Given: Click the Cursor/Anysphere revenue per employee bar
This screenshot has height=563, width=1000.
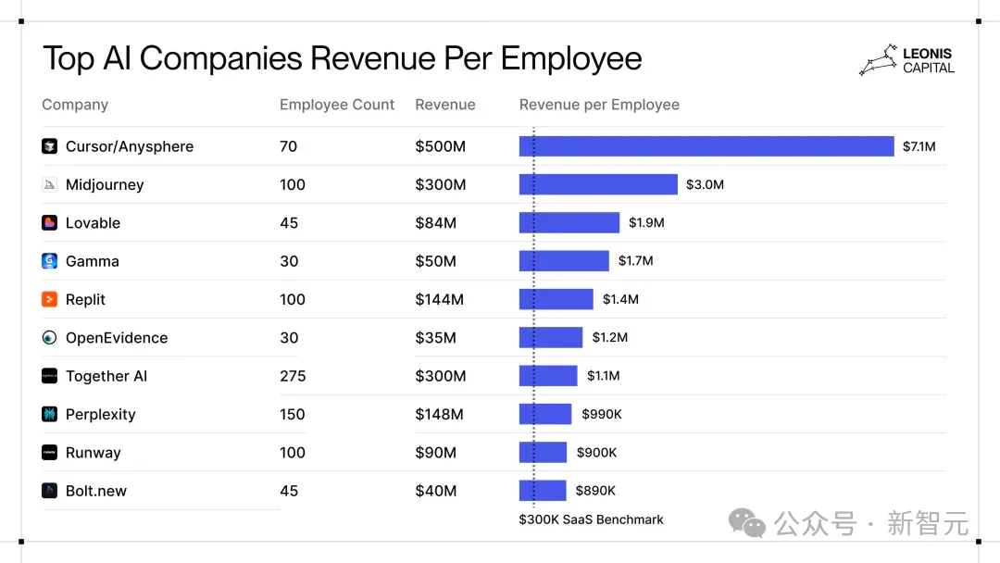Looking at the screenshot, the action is click(706, 146).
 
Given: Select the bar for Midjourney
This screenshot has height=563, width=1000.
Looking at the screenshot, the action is click(598, 184).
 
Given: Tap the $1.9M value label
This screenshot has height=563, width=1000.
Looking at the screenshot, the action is click(646, 222).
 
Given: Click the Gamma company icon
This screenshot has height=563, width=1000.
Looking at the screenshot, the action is click(49, 261).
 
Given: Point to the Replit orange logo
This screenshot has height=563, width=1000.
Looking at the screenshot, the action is click(49, 299).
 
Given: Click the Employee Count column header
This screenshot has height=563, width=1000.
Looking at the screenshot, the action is click(337, 105).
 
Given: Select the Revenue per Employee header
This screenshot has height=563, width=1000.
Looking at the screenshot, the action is click(599, 105).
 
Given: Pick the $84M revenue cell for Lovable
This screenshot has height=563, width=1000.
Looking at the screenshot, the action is click(435, 222).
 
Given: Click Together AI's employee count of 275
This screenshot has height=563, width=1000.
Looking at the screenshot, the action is click(293, 376).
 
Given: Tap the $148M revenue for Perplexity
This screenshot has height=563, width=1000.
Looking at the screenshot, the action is click(439, 414).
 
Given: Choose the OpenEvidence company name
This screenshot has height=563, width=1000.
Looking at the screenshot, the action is click(117, 337).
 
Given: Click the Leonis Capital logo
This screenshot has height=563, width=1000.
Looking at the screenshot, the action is click(906, 60).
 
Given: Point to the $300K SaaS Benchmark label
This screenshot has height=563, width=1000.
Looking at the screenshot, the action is click(591, 519).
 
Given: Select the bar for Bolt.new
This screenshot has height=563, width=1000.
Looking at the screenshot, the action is click(543, 491).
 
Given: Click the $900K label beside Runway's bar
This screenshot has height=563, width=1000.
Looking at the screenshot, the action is click(596, 452).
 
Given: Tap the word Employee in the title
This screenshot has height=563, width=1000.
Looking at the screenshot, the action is click(570, 59).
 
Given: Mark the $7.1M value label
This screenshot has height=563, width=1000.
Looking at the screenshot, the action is click(919, 146).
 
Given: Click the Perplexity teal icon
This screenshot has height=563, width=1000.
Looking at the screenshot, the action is click(49, 414).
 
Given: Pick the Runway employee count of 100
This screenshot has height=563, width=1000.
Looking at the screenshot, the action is click(292, 452).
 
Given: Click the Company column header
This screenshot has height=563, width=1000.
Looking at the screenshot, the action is click(75, 105).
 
